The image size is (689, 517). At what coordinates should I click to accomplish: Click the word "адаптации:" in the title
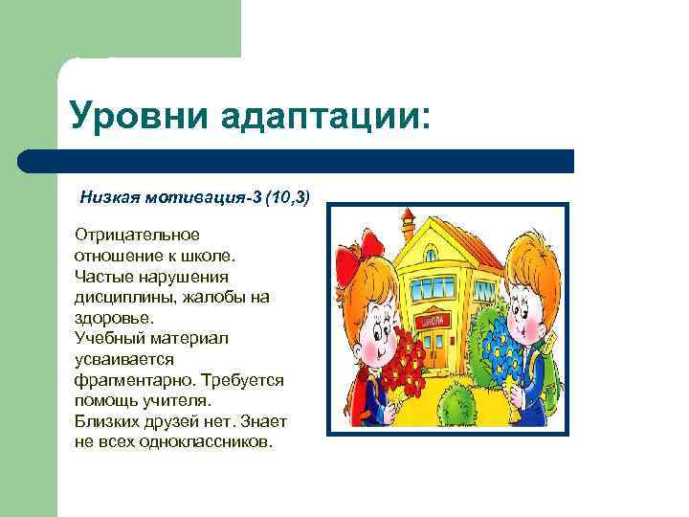325,118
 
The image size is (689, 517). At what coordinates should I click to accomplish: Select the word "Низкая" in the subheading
109,197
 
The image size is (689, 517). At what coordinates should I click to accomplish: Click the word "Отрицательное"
137,235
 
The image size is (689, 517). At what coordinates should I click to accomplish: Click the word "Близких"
104,421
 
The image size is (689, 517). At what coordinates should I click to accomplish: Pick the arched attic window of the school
431,256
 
